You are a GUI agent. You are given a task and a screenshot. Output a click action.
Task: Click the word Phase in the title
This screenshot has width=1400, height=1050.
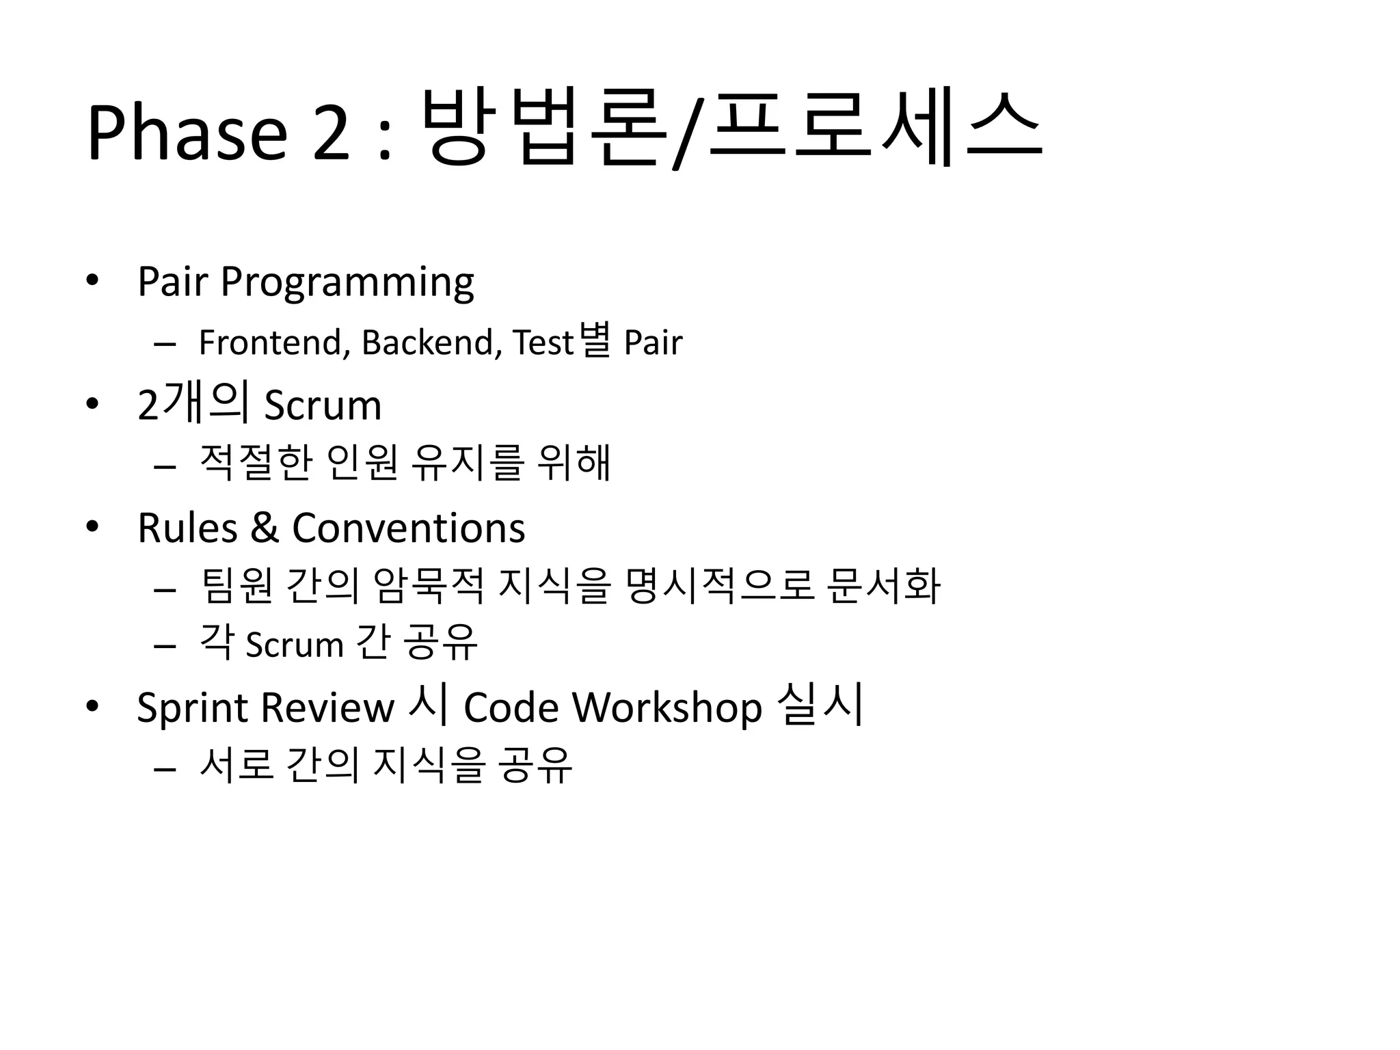tap(187, 132)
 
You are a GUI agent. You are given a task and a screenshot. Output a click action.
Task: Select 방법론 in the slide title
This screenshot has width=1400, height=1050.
tap(543, 129)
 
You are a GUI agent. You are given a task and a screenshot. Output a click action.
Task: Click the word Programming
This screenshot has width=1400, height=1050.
tap(347, 283)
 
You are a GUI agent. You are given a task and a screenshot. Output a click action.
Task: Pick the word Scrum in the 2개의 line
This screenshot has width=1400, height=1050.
tap(323, 405)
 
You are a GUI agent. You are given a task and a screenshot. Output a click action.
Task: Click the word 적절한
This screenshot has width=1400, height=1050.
tap(256, 463)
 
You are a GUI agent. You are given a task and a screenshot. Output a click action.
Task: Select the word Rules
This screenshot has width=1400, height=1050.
tap(187, 528)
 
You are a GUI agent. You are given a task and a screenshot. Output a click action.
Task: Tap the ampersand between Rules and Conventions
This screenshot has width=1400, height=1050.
tap(265, 528)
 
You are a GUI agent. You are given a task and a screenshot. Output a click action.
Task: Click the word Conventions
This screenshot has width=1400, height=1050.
tap(408, 528)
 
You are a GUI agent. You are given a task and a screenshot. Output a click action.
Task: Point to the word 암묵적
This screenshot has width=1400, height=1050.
tap(429, 587)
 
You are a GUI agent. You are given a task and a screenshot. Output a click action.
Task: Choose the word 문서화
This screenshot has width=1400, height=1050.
tap(883, 587)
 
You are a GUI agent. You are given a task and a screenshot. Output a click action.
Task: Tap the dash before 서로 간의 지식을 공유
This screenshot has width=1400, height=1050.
tap(165, 769)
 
